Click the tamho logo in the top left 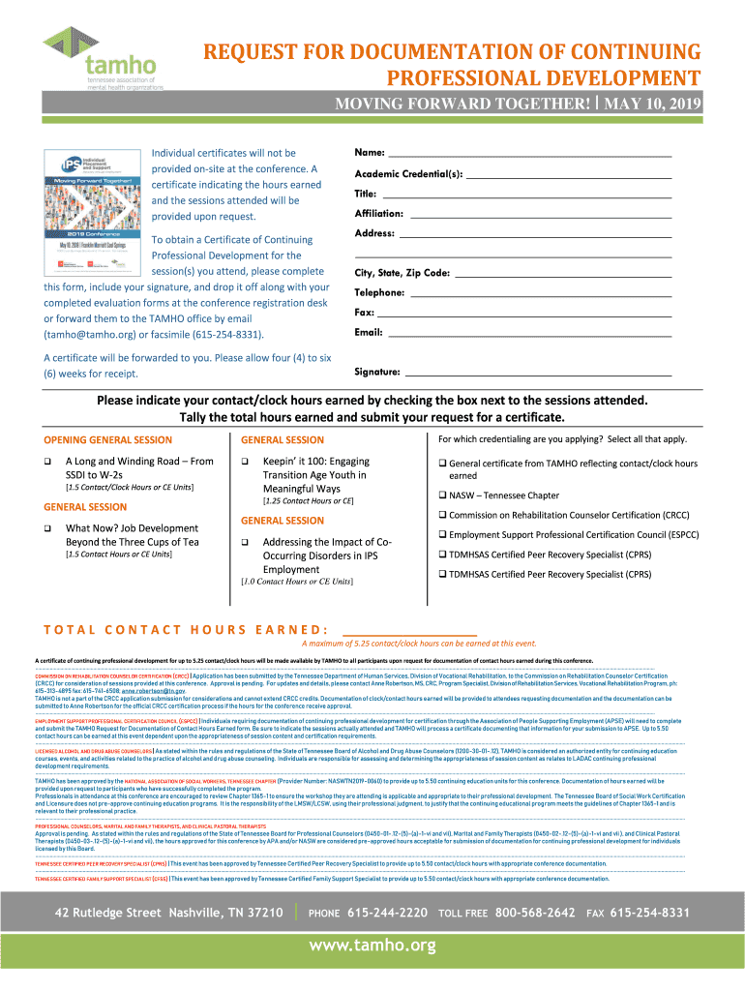[102, 58]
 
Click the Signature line [538, 373]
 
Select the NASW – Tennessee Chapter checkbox [442, 495]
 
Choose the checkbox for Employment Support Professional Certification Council [442, 534]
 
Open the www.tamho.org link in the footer [372, 946]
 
